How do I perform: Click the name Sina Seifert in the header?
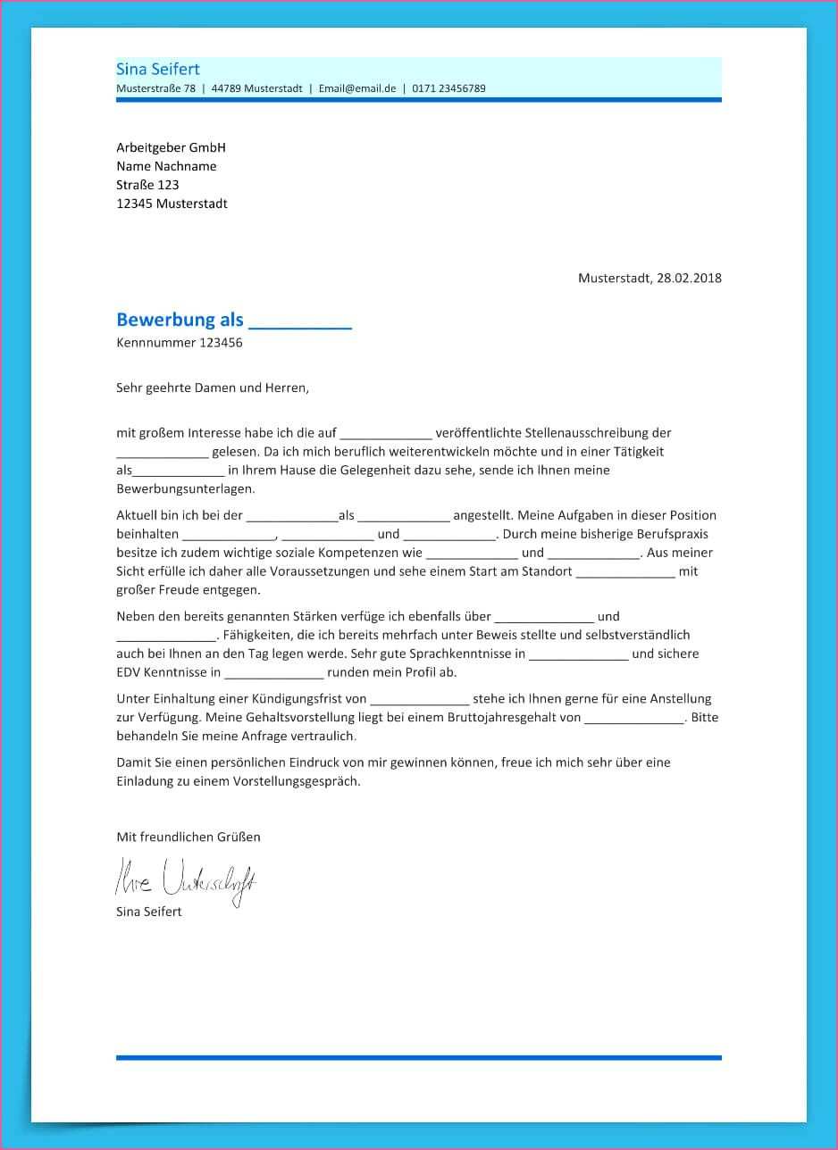coord(158,70)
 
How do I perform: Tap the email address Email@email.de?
coord(356,88)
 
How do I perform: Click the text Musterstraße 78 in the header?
coord(155,88)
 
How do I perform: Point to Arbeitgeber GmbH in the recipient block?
coord(171,147)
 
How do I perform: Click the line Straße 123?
coord(147,185)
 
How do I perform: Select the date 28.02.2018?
coord(689,278)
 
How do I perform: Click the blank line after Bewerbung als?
coord(299,321)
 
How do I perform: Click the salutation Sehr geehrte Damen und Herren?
coord(212,387)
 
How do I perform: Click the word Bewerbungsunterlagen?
coord(185,489)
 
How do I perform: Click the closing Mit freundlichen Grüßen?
coord(189,837)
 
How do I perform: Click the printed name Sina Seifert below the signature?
coord(149,912)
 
